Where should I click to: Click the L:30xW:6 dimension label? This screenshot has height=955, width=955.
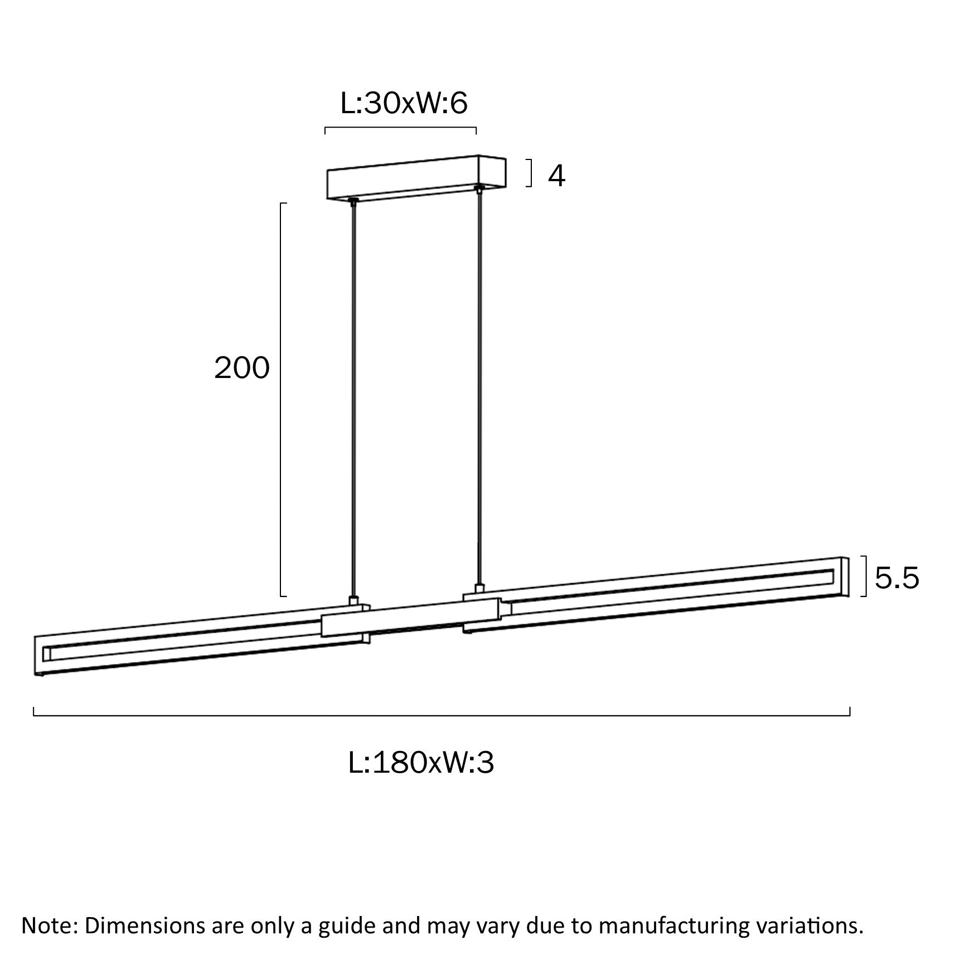(x=404, y=104)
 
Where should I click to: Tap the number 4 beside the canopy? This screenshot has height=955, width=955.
(x=556, y=176)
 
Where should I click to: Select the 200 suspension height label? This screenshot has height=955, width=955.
(x=242, y=369)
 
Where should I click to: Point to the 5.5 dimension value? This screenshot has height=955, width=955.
(x=896, y=578)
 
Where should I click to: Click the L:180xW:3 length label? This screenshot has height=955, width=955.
(x=421, y=763)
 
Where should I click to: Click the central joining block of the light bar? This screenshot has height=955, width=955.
(x=410, y=618)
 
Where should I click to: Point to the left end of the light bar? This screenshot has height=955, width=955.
(x=42, y=655)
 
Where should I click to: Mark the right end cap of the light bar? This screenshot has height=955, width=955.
(x=844, y=578)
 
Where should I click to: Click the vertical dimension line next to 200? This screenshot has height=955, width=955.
(x=280, y=399)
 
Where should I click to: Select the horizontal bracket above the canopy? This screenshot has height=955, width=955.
(x=400, y=129)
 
